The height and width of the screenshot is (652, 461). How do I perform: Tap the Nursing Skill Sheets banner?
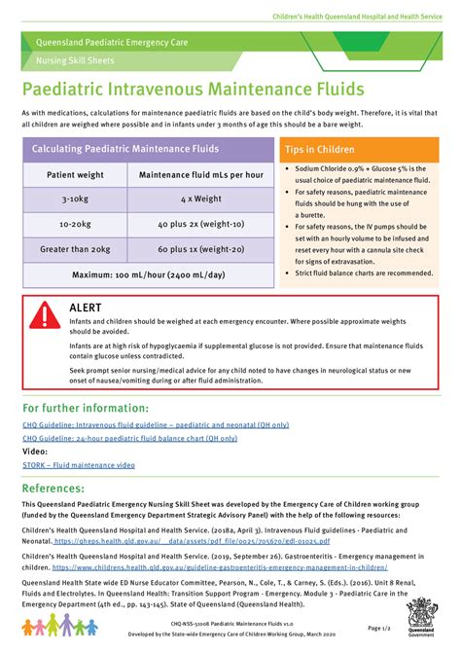pyautogui.click(x=70, y=60)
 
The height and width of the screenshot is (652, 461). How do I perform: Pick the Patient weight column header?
pyautogui.click(x=75, y=174)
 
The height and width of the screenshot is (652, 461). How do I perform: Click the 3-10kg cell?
pyautogui.click(x=75, y=199)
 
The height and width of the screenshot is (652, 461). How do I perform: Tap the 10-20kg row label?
pyautogui.click(x=75, y=224)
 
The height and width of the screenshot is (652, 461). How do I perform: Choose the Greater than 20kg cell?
pyautogui.click(x=75, y=249)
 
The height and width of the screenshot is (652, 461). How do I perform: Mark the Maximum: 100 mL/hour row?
pyautogui.click(x=148, y=273)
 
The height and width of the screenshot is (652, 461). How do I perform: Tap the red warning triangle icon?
pyautogui.click(x=44, y=314)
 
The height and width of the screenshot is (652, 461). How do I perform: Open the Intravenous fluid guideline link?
pyautogui.click(x=155, y=425)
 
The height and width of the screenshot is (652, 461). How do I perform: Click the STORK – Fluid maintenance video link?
pyautogui.click(x=79, y=465)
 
